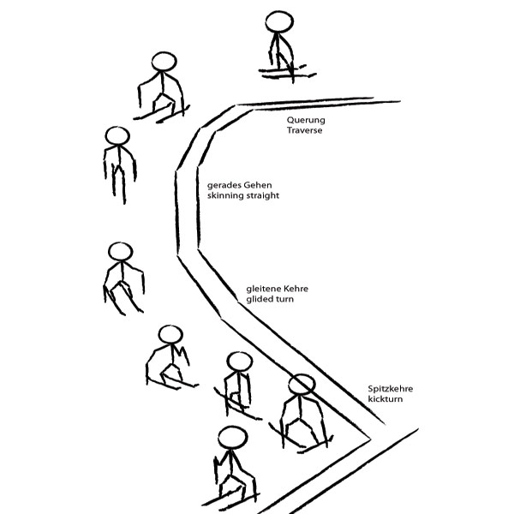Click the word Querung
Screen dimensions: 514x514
pyautogui.click(x=306, y=120)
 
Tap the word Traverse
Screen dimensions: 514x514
pyautogui.click(x=304, y=130)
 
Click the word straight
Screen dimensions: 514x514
pyautogui.click(x=263, y=195)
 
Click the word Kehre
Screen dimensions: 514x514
pyautogui.click(x=296, y=289)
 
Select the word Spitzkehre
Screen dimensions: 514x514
pyautogui.click(x=390, y=389)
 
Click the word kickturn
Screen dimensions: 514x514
pyautogui.click(x=385, y=399)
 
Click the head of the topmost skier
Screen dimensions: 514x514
pyautogui.click(x=279, y=21)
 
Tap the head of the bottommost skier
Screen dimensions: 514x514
pyautogui.click(x=232, y=438)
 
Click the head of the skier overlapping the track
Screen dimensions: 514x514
pyautogui.click(x=302, y=384)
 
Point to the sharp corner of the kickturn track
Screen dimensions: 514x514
pyautogui.click(x=370, y=439)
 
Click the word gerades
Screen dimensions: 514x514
pyautogui.click(x=224, y=186)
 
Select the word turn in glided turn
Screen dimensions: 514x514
pyautogui.click(x=284, y=299)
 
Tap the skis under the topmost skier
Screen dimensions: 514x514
pyautogui.click(x=288, y=73)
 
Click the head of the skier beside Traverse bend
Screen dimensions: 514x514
pyautogui.click(x=164, y=62)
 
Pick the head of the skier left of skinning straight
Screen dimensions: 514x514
pyautogui.click(x=117, y=135)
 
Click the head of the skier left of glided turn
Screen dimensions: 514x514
pyautogui.click(x=120, y=252)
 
